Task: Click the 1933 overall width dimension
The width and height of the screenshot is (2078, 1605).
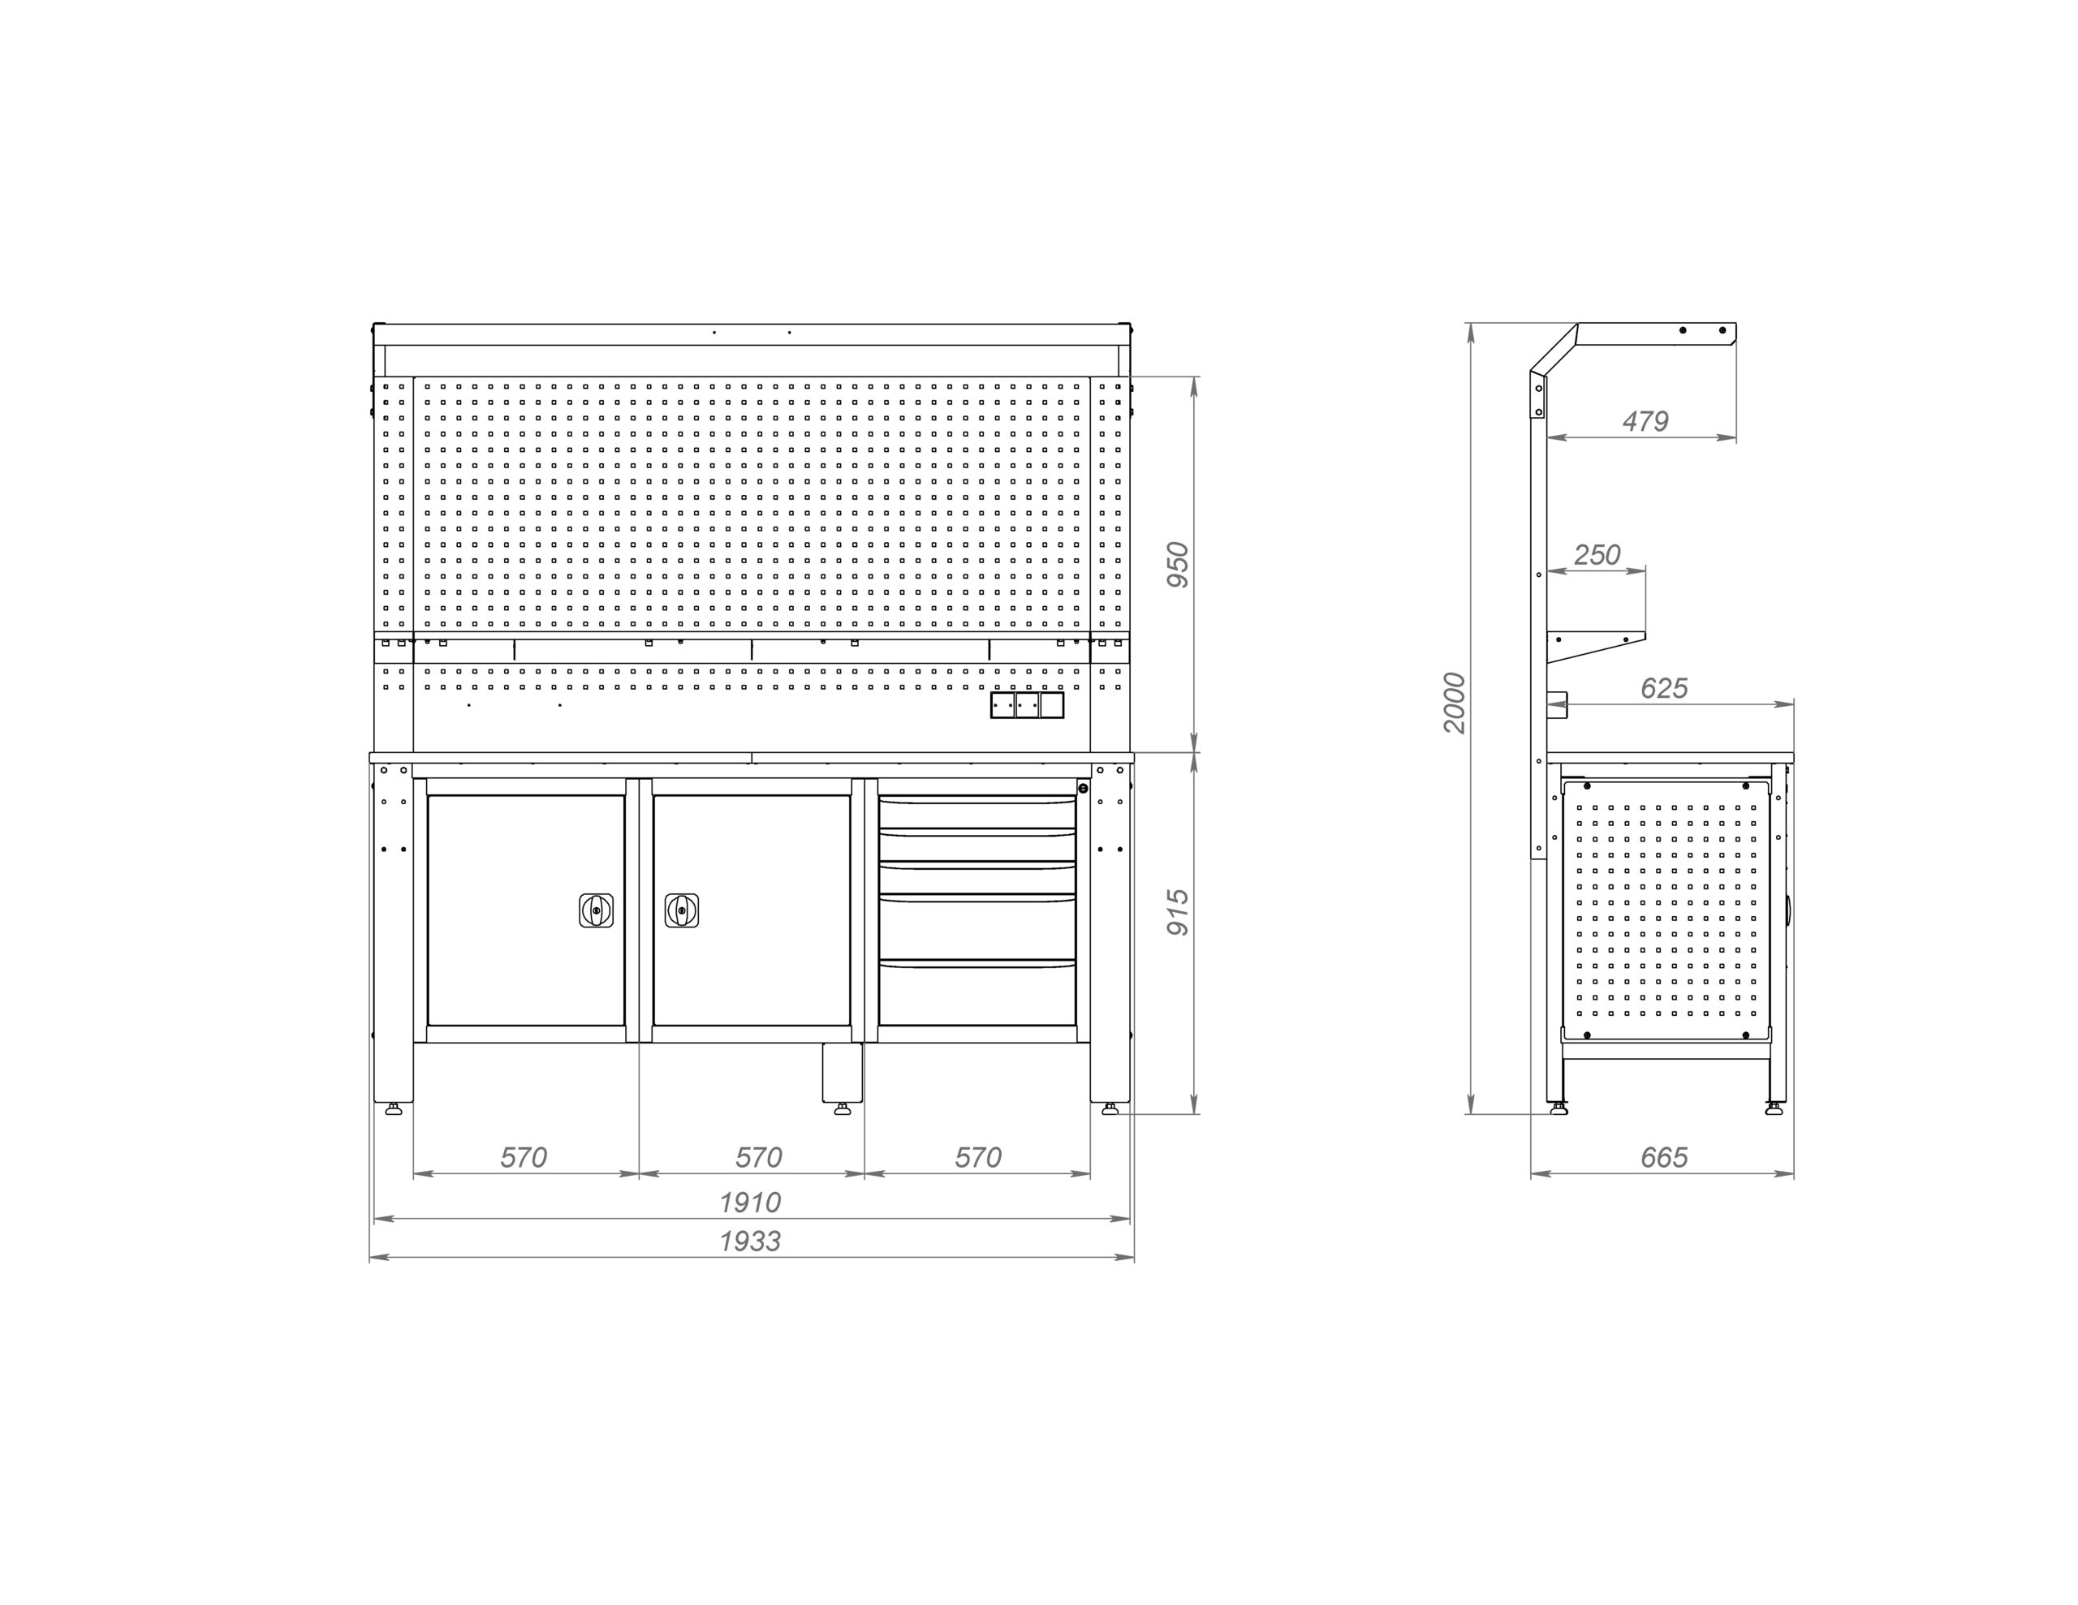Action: [750, 1241]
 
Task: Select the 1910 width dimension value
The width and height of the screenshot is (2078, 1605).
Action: [750, 1203]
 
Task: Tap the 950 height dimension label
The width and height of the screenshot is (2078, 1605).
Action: [1178, 564]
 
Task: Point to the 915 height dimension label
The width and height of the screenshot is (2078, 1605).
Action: [1178, 911]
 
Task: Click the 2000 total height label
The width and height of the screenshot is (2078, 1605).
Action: [1455, 702]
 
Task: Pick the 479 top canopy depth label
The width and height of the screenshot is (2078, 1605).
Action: [1645, 420]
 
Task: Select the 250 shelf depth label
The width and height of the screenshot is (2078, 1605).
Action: [1597, 555]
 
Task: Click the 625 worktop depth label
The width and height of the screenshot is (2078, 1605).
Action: [1664, 688]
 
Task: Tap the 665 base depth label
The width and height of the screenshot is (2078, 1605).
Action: [1664, 1157]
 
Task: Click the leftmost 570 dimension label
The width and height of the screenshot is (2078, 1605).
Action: [524, 1157]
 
